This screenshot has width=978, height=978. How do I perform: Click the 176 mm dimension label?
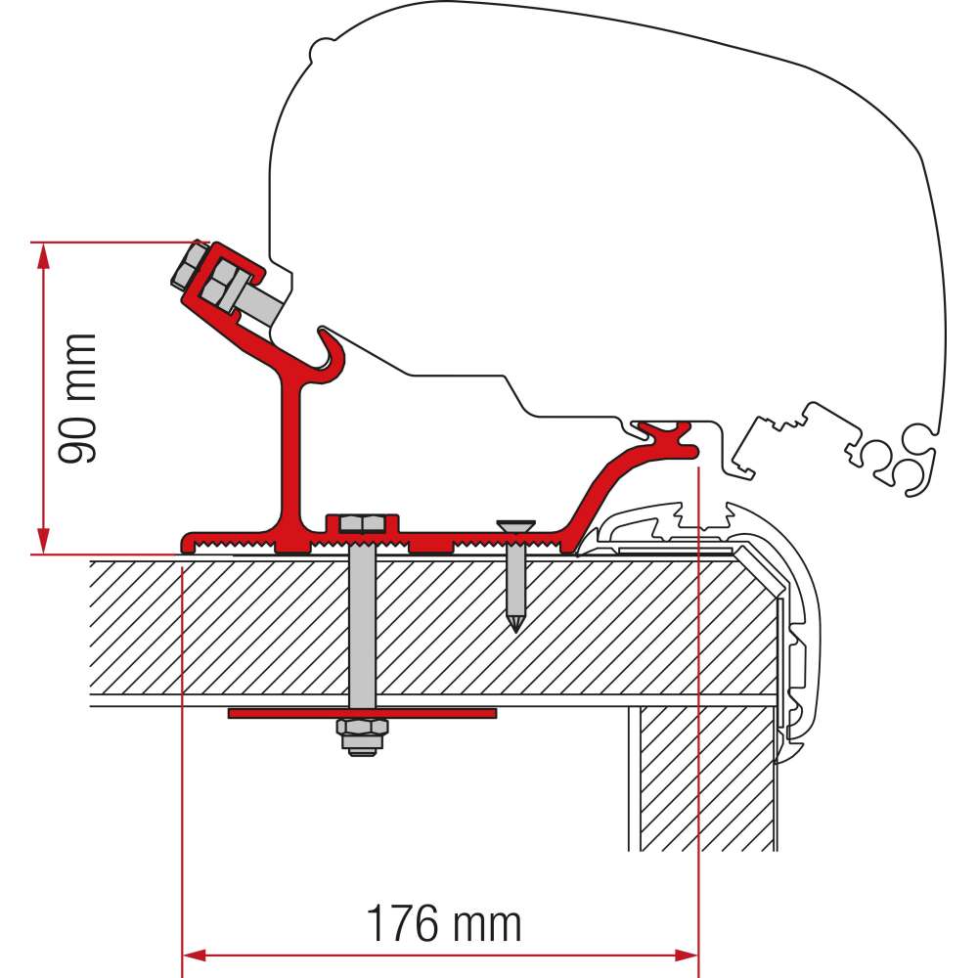click(x=443, y=922)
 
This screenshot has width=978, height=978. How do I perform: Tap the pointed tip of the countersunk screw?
click(x=514, y=625)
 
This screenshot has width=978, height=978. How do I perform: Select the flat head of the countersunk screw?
click(x=514, y=527)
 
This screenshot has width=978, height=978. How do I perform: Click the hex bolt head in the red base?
click(x=361, y=522)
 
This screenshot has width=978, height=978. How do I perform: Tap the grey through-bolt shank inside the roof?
click(x=361, y=626)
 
